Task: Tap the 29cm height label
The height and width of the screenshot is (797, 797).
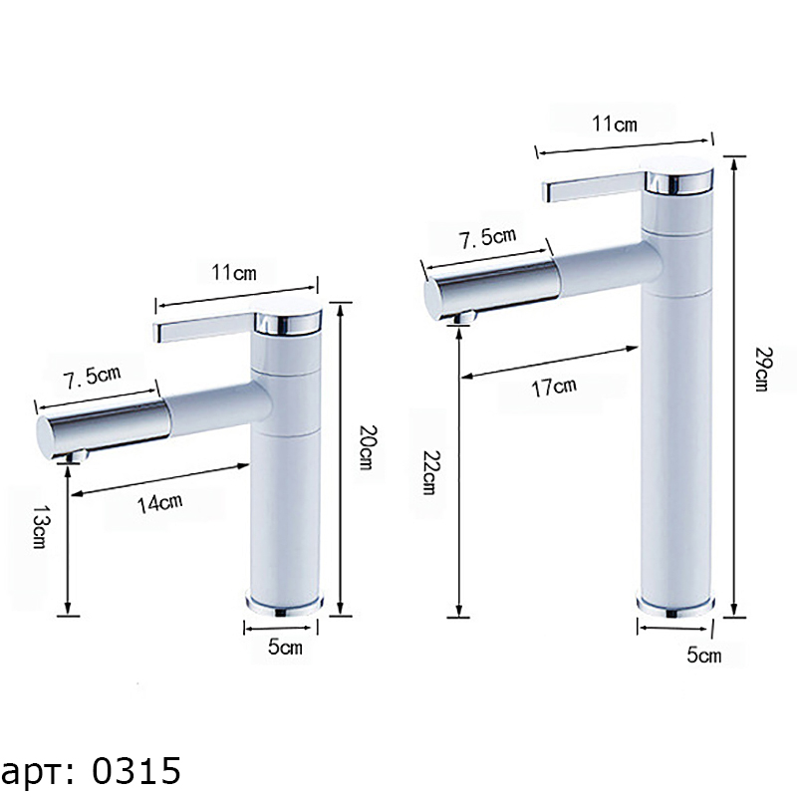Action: click(x=762, y=369)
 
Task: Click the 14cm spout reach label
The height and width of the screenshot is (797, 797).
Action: click(x=160, y=503)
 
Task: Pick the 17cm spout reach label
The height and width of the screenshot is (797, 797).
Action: click(x=554, y=388)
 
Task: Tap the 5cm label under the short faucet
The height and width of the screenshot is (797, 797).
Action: click(x=285, y=647)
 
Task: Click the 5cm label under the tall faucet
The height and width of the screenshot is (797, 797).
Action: click(x=704, y=655)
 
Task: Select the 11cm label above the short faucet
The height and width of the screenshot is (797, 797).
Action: click(x=234, y=273)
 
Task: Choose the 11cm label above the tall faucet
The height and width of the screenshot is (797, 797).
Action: click(x=615, y=124)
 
